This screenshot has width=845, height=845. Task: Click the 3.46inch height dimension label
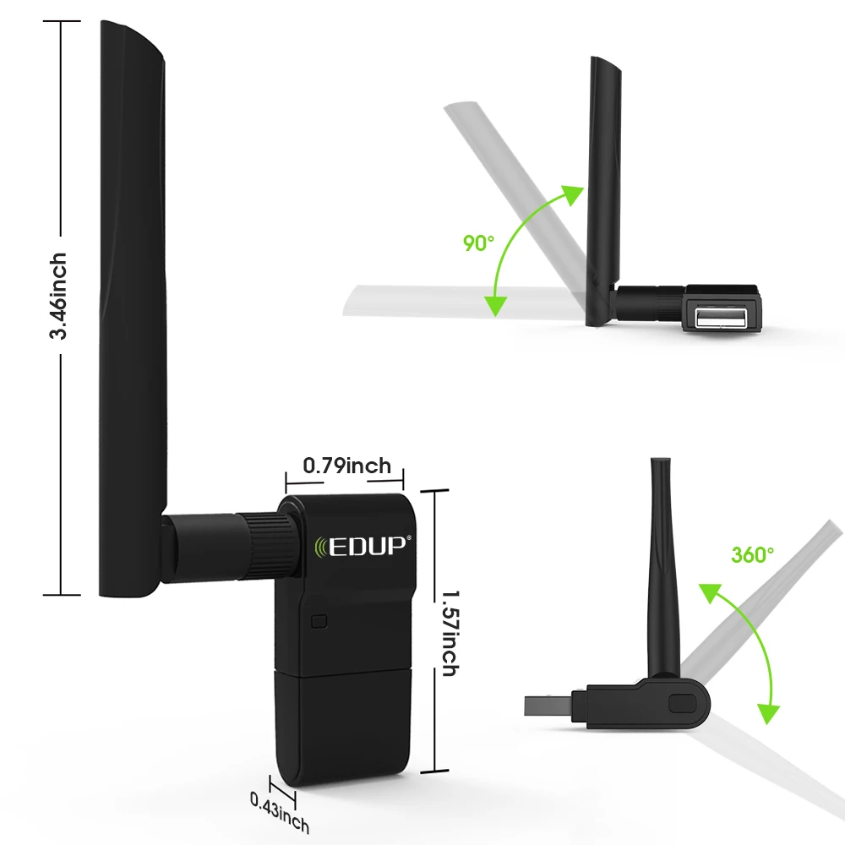[x=58, y=296]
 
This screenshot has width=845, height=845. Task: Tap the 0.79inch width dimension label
[x=346, y=466]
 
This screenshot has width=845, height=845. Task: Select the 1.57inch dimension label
[x=448, y=630]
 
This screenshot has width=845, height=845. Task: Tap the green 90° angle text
[x=478, y=243]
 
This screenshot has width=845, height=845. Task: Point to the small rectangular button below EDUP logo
[x=319, y=622]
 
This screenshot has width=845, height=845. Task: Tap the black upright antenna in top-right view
[x=605, y=186]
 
